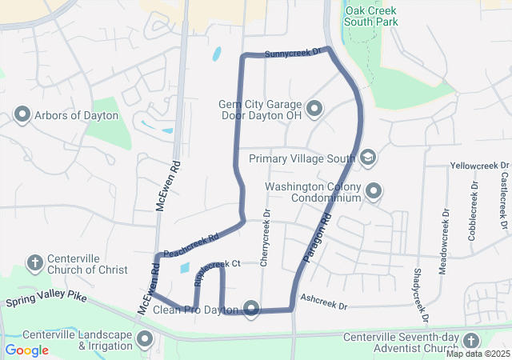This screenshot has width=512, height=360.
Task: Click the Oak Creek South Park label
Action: [371, 16]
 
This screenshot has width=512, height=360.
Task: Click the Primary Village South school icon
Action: [367, 158]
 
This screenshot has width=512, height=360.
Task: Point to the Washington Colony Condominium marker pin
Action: [374, 190]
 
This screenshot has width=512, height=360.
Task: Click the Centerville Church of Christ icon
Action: [34, 262]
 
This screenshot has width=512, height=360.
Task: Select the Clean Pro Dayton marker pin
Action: [252, 309]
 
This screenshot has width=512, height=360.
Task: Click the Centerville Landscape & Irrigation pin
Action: [145, 340]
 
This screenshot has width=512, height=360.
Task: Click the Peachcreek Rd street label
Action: [191, 245]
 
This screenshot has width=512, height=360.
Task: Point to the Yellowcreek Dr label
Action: [479, 166]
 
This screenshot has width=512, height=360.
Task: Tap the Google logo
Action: [27, 350]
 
